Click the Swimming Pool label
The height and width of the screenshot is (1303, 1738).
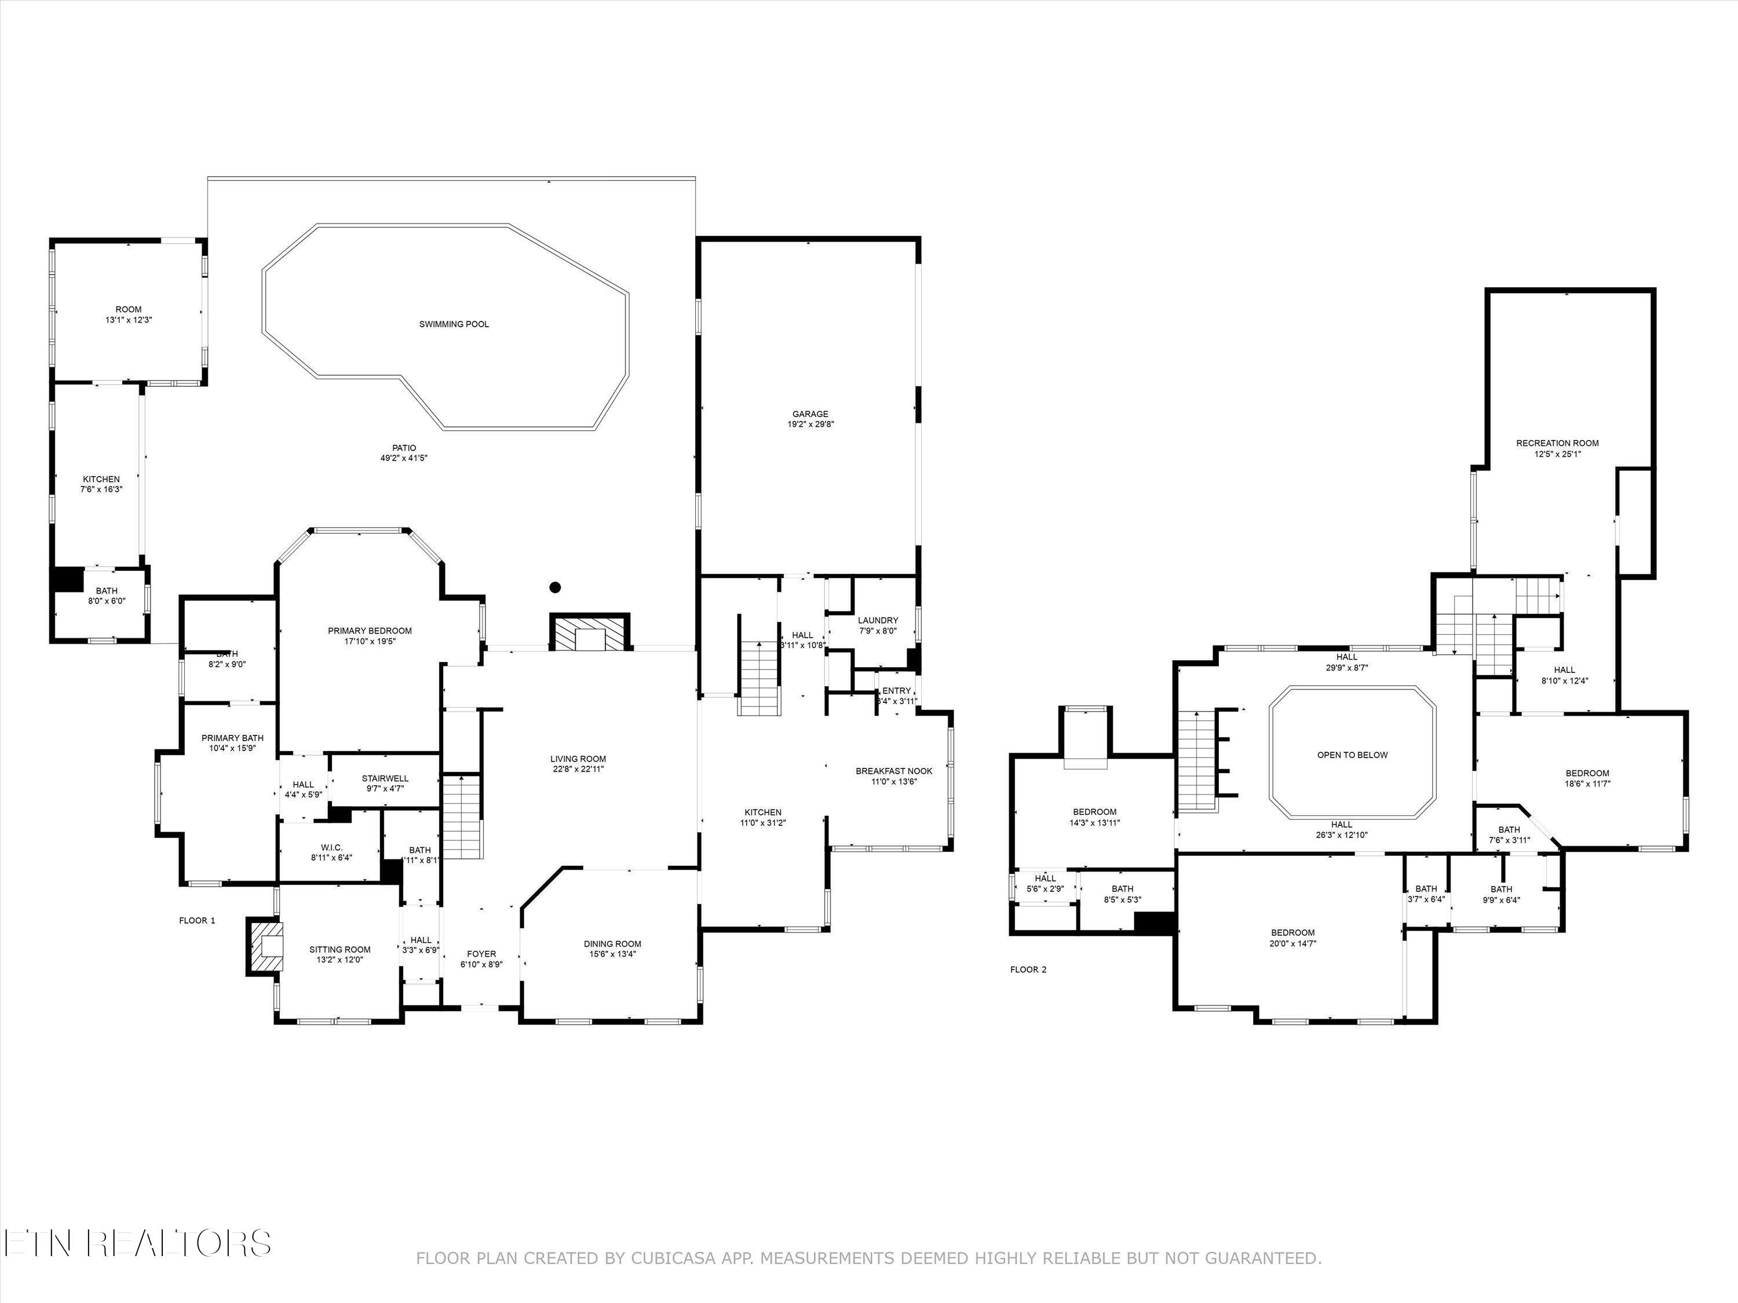[454, 324]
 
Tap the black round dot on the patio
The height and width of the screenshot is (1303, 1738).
[555, 587]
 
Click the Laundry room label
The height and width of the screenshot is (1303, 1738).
[878, 620]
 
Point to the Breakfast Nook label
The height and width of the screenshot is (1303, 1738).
[893, 771]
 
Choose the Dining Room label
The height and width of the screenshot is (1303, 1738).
[612, 944]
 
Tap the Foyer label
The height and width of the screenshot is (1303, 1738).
[481, 954]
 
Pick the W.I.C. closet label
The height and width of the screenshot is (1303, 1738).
[331, 847]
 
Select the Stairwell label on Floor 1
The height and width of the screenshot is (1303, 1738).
[385, 778]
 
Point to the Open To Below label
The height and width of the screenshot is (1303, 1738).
[1352, 755]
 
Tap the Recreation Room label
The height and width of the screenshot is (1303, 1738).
[1557, 443]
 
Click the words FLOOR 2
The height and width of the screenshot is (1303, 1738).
[1028, 969]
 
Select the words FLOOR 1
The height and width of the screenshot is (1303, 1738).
[196, 921]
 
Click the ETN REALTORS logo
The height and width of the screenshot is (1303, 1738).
[137, 1243]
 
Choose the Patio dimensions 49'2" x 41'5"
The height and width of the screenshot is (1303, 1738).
[404, 458]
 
